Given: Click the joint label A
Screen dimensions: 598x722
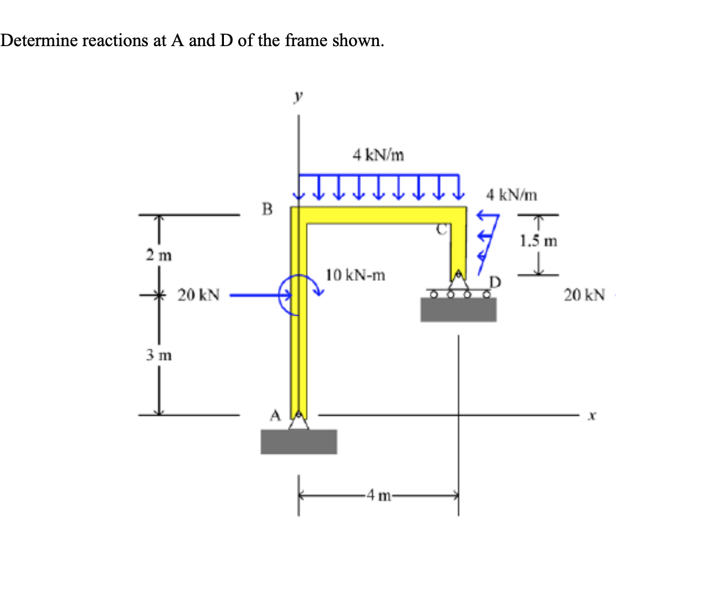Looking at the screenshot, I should [275, 415].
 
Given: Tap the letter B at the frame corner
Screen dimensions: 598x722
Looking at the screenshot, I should [267, 209].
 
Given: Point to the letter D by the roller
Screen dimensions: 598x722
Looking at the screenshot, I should [495, 281].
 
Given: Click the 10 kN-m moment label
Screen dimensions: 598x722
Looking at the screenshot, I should [356, 276].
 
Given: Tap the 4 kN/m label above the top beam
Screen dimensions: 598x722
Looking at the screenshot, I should [378, 156].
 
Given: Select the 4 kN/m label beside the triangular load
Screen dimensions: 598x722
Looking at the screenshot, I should [512, 195].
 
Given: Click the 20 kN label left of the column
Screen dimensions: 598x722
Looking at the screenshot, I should [199, 295].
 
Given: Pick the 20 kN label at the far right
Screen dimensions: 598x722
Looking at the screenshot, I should [584, 295].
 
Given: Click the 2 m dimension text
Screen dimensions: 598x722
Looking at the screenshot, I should [158, 254].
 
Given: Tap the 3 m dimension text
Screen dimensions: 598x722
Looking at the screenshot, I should [158, 354].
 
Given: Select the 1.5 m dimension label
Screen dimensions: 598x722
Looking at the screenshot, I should [538, 241].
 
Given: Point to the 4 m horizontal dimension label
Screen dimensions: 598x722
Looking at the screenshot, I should [379, 496].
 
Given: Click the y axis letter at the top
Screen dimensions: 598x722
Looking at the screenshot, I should [298, 95].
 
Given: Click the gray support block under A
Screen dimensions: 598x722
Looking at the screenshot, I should [299, 442].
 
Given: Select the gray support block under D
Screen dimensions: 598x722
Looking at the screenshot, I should [458, 309].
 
